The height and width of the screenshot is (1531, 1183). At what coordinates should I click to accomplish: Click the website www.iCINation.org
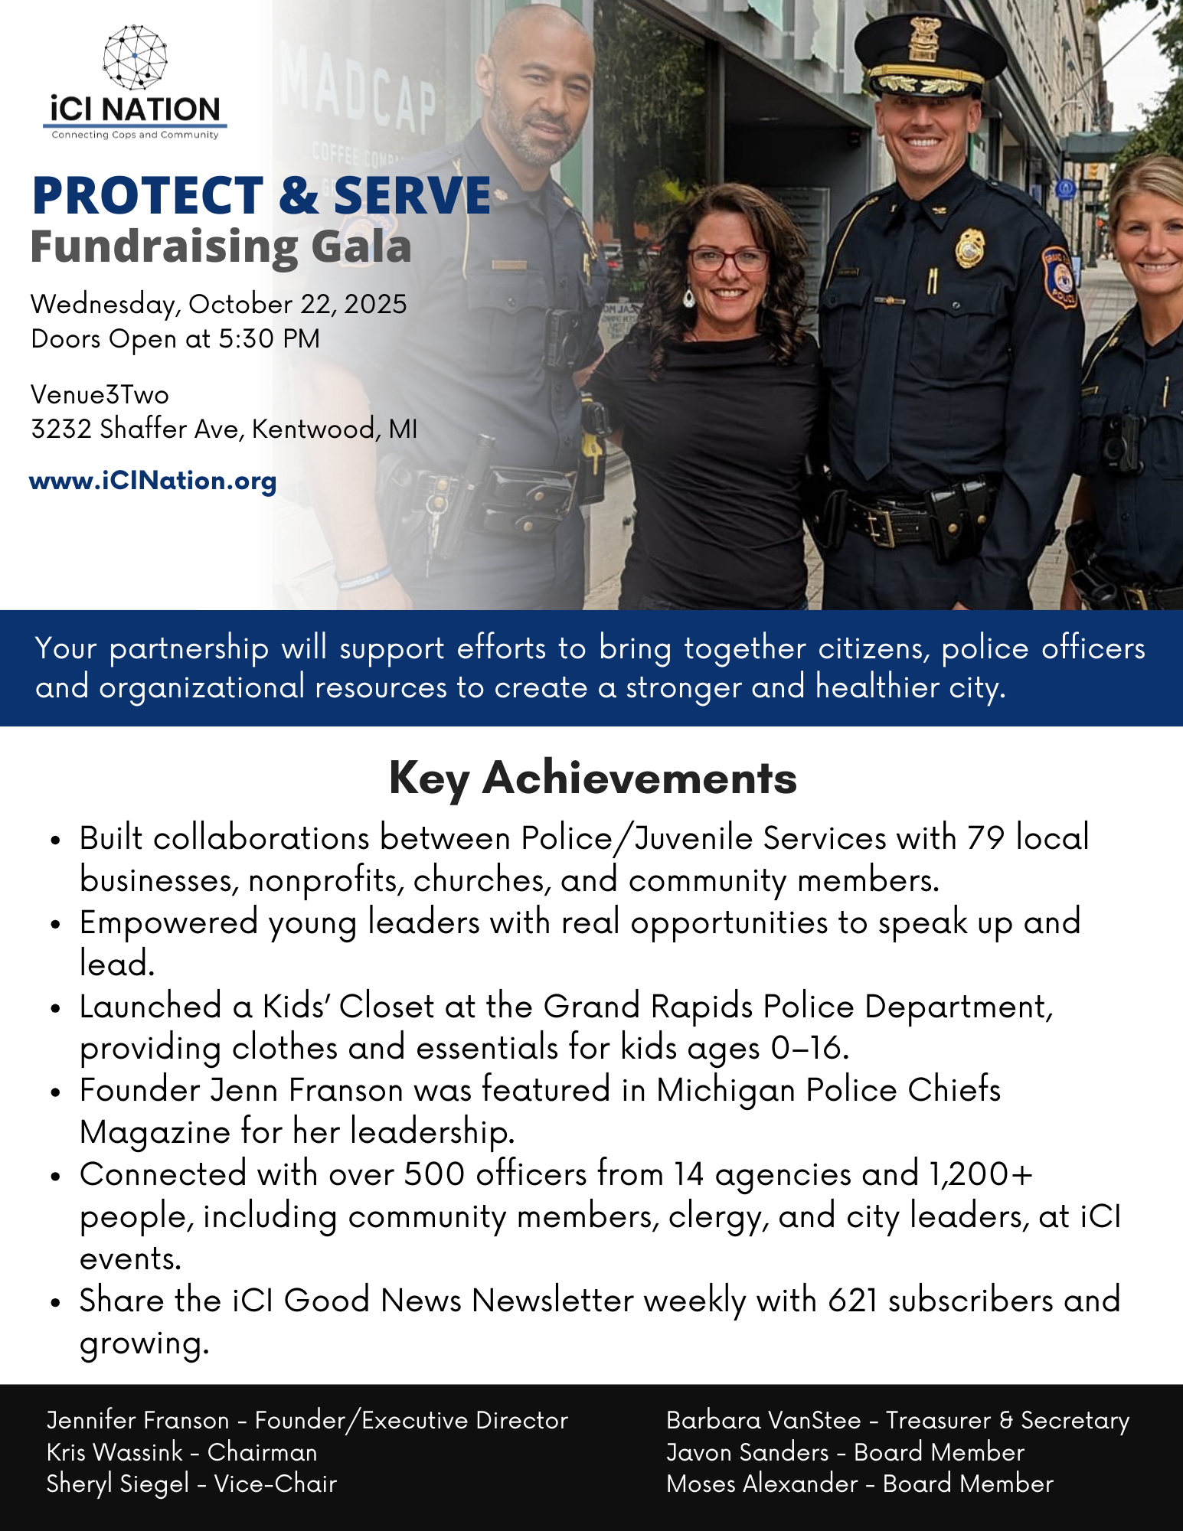[152, 481]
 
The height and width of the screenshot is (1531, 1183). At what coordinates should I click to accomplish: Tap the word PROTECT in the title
[148, 196]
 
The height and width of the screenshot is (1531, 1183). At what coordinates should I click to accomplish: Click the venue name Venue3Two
[100, 395]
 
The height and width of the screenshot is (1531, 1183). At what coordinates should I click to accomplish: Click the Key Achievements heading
[592, 778]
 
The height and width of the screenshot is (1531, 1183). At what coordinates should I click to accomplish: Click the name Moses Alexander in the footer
[762, 1484]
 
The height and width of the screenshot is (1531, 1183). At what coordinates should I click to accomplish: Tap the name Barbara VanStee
[763, 1420]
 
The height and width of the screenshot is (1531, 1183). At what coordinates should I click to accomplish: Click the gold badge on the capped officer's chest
[969, 248]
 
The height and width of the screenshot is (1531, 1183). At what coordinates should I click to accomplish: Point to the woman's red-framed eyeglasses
[728, 260]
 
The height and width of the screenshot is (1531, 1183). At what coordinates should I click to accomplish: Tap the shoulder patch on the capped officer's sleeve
[1060, 276]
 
